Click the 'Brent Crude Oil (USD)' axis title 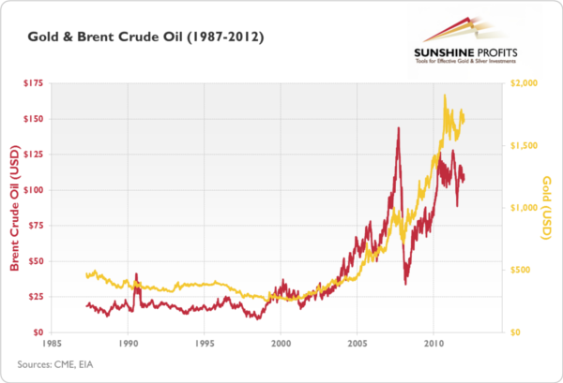(x=14, y=208)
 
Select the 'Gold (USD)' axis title (x=548, y=207)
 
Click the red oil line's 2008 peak (x=399, y=127)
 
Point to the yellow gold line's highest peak (x=444, y=96)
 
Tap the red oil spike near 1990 (x=136, y=275)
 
